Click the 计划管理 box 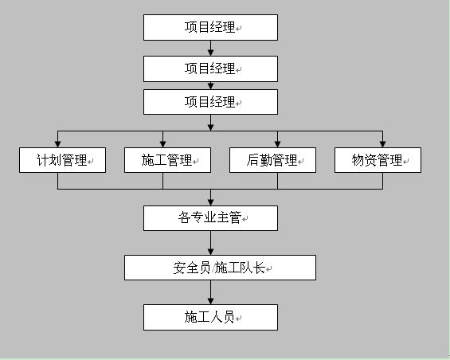[x=62, y=160]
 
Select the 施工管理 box [x=167, y=160]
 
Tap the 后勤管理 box [x=272, y=160]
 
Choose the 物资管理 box [x=378, y=160]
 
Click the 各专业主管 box [x=210, y=218]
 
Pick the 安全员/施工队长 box [x=220, y=268]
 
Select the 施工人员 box [x=210, y=317]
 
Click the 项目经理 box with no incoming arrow [x=210, y=27]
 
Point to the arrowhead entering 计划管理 [x=57, y=144]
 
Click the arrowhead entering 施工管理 [x=162, y=144]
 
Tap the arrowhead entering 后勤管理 [x=277, y=144]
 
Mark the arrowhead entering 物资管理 [x=382, y=144]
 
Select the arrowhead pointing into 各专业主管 [x=210, y=202]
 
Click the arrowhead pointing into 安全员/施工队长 [x=210, y=252]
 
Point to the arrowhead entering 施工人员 [x=210, y=301]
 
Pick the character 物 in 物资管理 [x=358, y=160]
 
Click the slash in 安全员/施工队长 [x=213, y=268]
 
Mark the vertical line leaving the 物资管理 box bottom [x=382, y=181]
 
